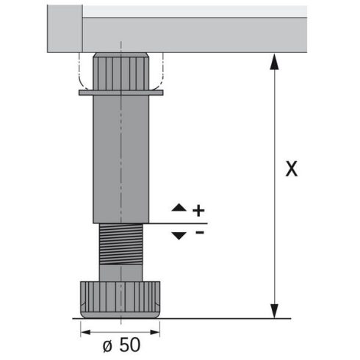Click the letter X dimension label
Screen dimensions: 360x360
(x=292, y=169)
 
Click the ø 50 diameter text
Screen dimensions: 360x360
(x=119, y=342)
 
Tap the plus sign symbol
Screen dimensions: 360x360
(x=198, y=210)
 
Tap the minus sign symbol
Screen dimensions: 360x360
(x=198, y=234)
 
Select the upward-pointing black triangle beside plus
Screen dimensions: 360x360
(x=179, y=209)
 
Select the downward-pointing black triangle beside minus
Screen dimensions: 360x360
(x=179, y=234)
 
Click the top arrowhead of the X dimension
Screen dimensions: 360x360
(x=275, y=61)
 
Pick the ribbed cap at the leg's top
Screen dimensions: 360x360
(x=119, y=71)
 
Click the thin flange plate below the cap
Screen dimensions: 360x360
(x=119, y=93)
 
